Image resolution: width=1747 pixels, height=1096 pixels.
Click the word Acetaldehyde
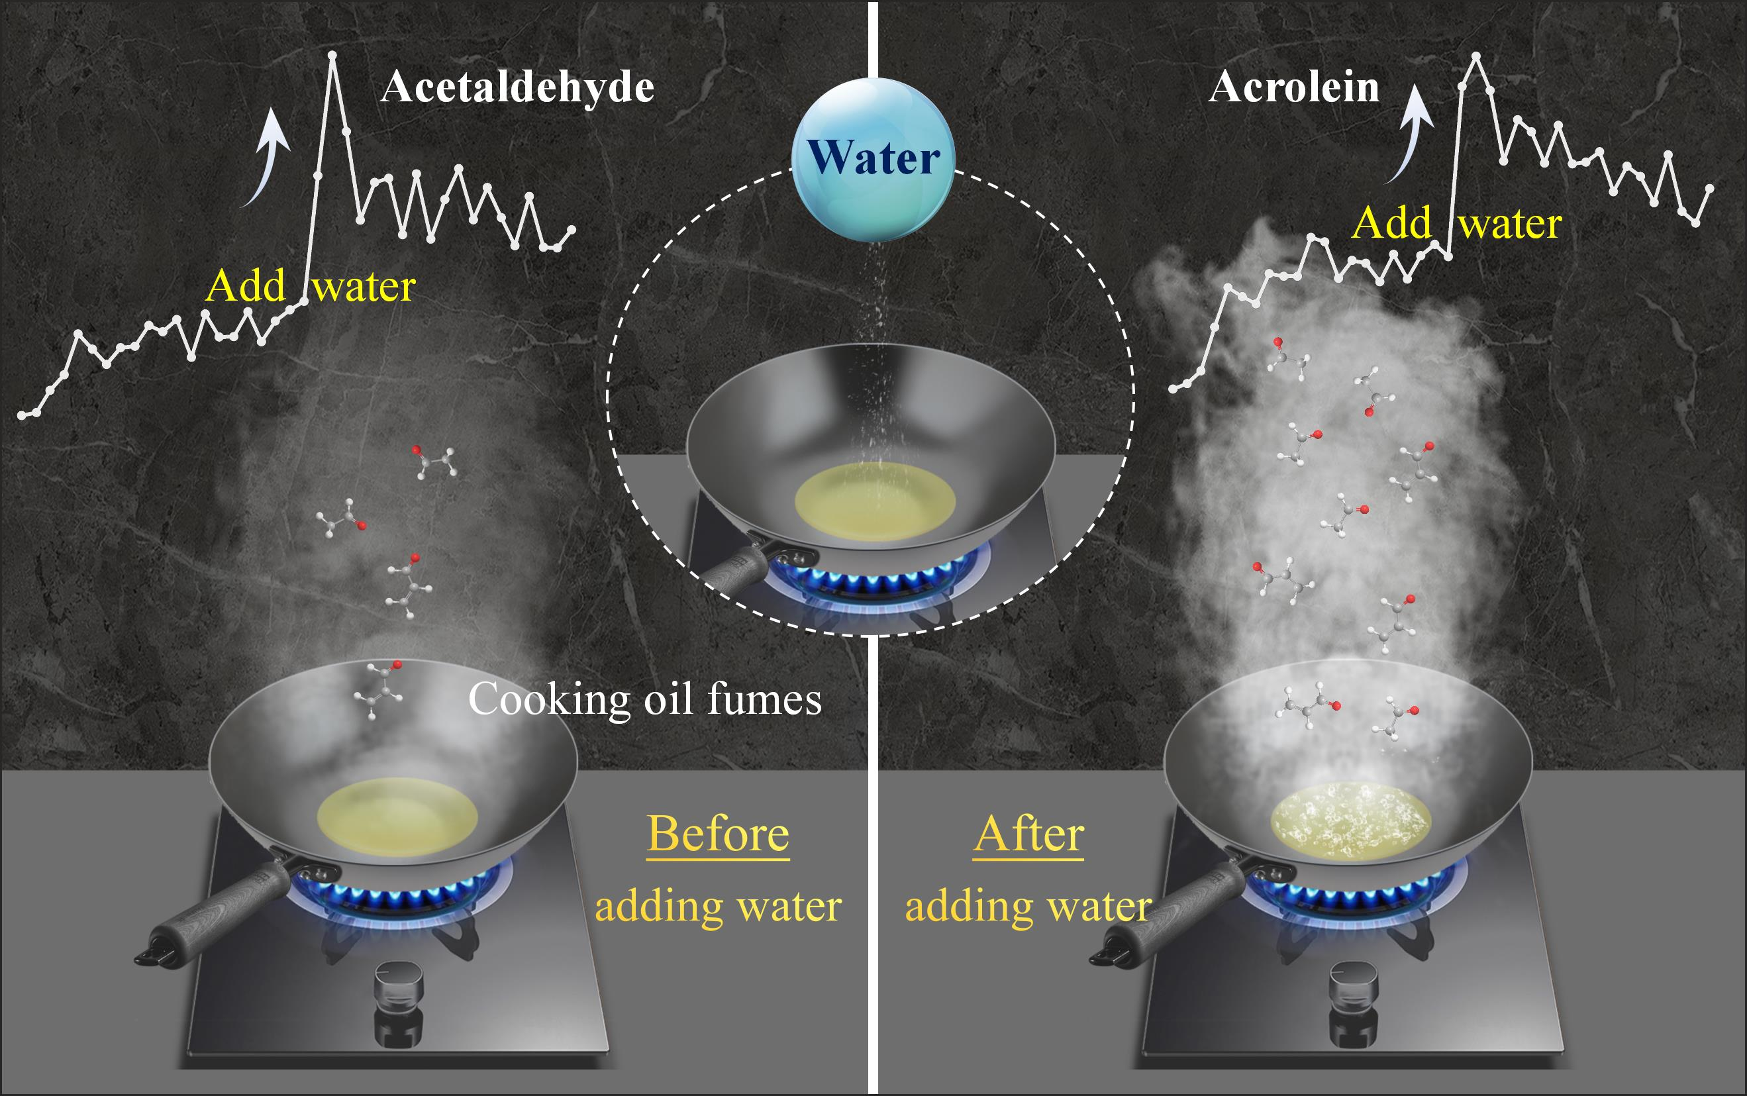click(x=517, y=87)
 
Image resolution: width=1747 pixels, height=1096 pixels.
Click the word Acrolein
click(x=1294, y=87)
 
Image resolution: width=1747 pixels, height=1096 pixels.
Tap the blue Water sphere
click(x=873, y=159)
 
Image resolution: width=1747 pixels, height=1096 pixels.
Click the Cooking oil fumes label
click(x=644, y=699)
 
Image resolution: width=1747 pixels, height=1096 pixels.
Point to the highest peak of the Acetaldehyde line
click(x=332, y=55)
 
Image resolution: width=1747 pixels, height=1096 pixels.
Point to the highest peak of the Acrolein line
click(x=1476, y=56)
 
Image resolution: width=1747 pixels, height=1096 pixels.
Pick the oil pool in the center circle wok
click(x=875, y=501)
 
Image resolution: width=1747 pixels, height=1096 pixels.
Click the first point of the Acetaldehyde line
click(x=22, y=415)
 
